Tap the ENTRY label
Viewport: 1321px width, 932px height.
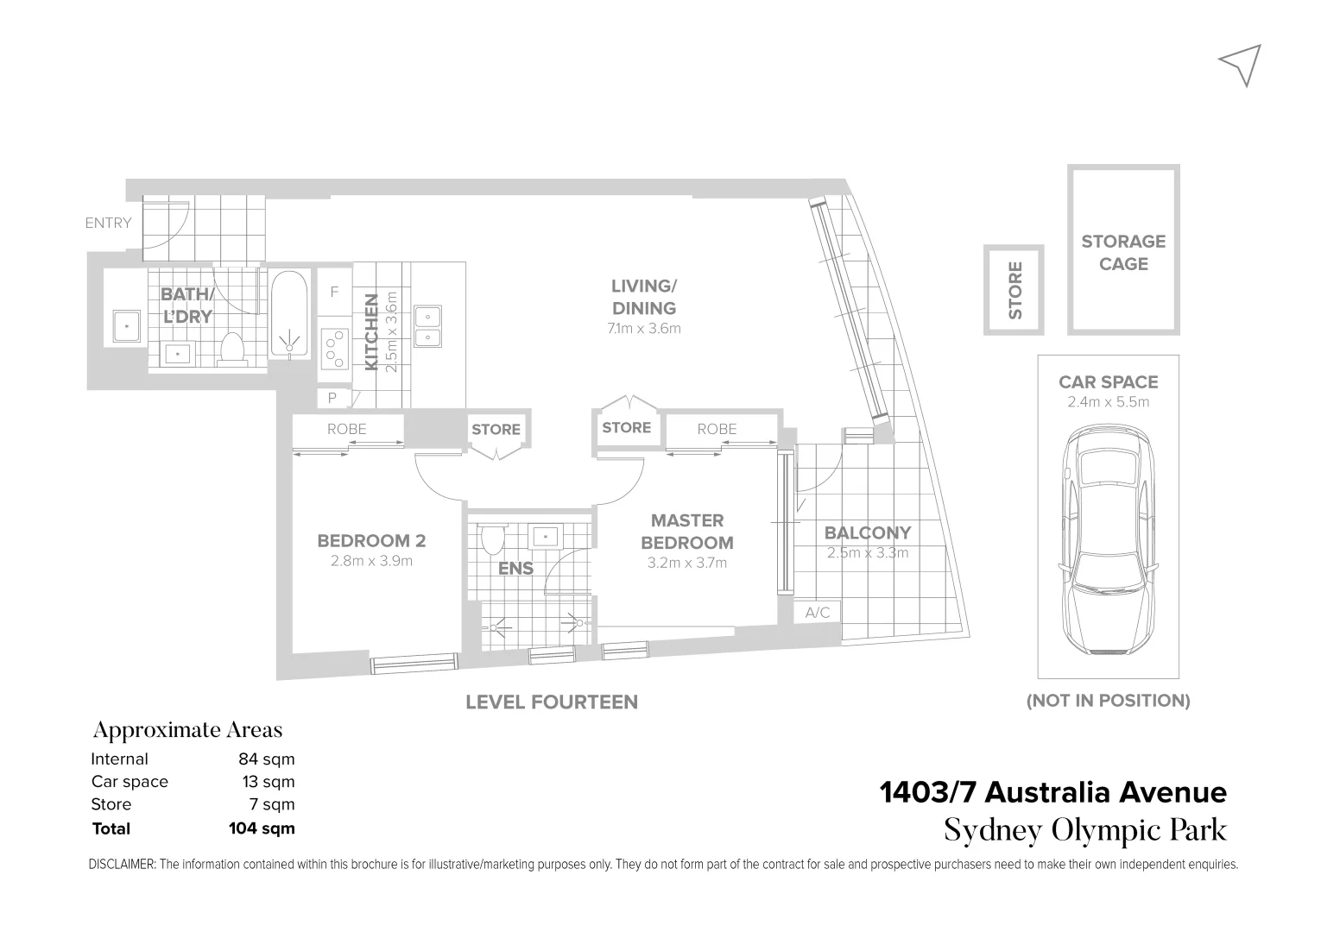[108, 223]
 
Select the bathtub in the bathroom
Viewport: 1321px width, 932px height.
[289, 315]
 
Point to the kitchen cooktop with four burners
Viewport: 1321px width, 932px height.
[334, 349]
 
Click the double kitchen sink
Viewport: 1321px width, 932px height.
[427, 325]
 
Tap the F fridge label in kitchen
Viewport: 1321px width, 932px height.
[334, 293]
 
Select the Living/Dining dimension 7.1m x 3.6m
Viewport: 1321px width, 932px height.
[643, 328]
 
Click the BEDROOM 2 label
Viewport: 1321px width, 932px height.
[371, 541]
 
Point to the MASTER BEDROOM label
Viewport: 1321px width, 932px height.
[687, 532]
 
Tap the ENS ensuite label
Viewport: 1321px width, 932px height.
[515, 569]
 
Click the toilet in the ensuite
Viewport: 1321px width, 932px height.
[492, 538]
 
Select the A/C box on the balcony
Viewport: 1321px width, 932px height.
[817, 613]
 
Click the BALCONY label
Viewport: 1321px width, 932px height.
[867, 533]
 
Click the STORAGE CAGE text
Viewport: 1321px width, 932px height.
[1122, 253]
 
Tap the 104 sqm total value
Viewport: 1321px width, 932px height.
[262, 828]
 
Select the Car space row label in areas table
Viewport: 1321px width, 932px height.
[130, 782]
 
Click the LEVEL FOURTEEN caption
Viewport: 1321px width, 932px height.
[551, 702]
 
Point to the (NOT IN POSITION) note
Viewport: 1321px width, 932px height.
[1108, 701]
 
